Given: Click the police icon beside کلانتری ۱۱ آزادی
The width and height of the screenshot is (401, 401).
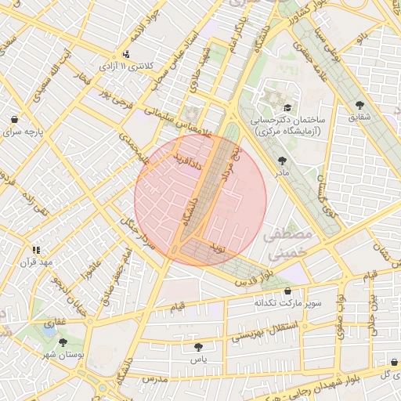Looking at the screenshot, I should tap(126, 55).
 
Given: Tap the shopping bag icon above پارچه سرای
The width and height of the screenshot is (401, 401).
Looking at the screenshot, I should tap(15, 120).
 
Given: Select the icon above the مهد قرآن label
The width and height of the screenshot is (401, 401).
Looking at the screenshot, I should tap(36, 249).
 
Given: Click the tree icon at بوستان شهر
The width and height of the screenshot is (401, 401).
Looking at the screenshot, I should tap(63, 342).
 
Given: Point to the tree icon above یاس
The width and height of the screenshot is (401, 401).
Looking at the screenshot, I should tap(197, 345).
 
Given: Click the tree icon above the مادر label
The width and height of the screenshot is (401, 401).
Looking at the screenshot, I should tap(282, 160).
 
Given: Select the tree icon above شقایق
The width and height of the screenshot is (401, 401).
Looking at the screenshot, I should tap(360, 104).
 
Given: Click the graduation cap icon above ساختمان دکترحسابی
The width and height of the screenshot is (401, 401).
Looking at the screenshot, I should tap(287, 108).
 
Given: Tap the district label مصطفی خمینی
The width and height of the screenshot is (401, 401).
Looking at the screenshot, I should tap(287, 244).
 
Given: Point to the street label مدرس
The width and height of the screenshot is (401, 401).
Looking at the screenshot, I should tap(155, 378).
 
